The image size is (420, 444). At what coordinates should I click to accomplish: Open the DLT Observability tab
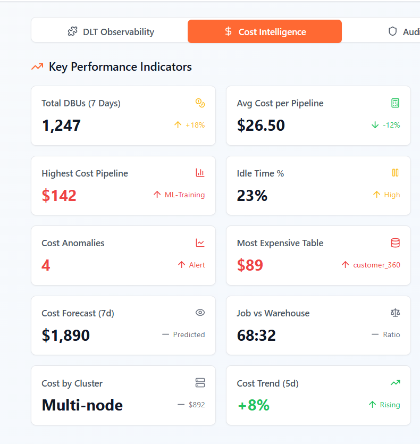click(x=111, y=32)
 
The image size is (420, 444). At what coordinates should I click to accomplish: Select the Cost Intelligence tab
click(x=265, y=32)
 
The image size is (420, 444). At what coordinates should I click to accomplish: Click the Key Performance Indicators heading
click(x=120, y=67)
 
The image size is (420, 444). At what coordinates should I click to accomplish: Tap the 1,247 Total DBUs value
click(x=61, y=125)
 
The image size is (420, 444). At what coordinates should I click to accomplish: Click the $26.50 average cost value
click(x=261, y=125)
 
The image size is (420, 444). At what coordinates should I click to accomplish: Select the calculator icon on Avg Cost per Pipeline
click(x=395, y=103)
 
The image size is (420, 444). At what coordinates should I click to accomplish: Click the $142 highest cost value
click(x=59, y=196)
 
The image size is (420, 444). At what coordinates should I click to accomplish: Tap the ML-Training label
click(x=184, y=195)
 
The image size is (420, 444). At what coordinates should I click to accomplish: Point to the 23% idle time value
click(x=252, y=196)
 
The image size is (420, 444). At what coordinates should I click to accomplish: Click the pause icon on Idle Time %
click(x=395, y=173)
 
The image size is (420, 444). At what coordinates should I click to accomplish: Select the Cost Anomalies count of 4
click(x=46, y=265)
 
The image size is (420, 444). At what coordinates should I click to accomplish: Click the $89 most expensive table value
click(x=250, y=265)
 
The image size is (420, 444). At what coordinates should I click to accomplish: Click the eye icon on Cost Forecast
click(x=200, y=313)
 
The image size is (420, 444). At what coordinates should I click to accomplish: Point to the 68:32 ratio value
click(x=256, y=336)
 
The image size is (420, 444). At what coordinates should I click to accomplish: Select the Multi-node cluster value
click(x=82, y=405)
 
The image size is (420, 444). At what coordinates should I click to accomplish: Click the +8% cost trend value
click(x=253, y=405)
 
